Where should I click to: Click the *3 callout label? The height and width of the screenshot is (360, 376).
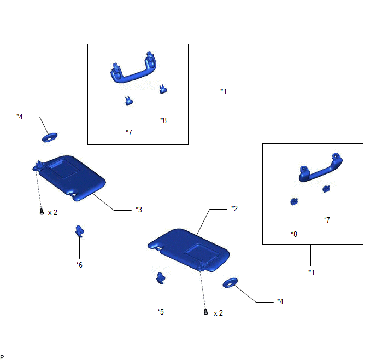click(x=139, y=210)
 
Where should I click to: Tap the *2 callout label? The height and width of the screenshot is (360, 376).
click(x=234, y=208)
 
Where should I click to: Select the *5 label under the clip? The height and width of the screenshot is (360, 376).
click(x=161, y=312)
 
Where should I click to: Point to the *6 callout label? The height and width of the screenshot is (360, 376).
click(x=79, y=265)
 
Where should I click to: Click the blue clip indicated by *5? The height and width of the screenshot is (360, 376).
click(x=161, y=278)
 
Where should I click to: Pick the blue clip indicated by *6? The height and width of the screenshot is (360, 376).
click(x=80, y=231)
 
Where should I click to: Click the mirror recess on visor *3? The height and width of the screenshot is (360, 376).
click(x=63, y=169)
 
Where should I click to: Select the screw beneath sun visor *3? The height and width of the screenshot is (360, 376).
click(x=42, y=212)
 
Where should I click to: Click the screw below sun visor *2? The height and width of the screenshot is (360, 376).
click(x=205, y=312)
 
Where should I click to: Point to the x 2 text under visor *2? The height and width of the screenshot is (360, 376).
click(x=218, y=313)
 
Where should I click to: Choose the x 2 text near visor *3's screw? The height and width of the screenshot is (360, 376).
click(x=53, y=213)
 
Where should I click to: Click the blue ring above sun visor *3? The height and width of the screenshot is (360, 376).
click(x=50, y=137)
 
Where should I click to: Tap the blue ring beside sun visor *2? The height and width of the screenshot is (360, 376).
click(x=230, y=283)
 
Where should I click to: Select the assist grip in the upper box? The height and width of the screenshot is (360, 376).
click(x=133, y=68)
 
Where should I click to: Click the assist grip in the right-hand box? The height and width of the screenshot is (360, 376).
click(x=321, y=167)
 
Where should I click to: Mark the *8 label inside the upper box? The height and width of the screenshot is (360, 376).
click(x=163, y=120)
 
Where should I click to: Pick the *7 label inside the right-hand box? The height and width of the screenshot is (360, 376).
click(x=327, y=219)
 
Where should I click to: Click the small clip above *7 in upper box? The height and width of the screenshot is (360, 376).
click(x=129, y=101)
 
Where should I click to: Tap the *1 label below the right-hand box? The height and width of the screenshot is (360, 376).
click(x=312, y=272)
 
